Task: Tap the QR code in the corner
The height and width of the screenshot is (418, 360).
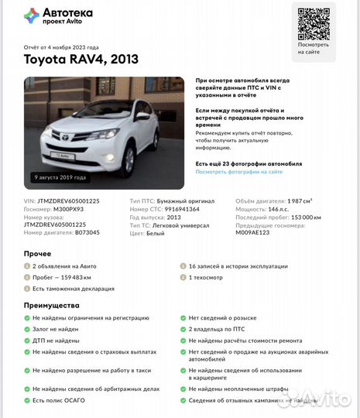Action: click(x=314, y=24)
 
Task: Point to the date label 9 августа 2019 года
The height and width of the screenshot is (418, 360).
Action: click(x=60, y=177)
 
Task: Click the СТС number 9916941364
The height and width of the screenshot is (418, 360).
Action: click(x=183, y=209)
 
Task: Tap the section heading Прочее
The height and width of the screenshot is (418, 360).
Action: click(x=38, y=253)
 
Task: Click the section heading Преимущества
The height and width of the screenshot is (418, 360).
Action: click(x=51, y=305)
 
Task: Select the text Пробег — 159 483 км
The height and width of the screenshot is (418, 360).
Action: click(x=62, y=276)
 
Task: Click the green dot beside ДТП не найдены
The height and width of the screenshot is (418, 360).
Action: click(x=27, y=339)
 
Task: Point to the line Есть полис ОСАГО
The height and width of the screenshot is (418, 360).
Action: click(x=60, y=400)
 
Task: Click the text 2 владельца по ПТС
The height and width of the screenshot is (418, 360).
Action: click(x=217, y=329)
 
